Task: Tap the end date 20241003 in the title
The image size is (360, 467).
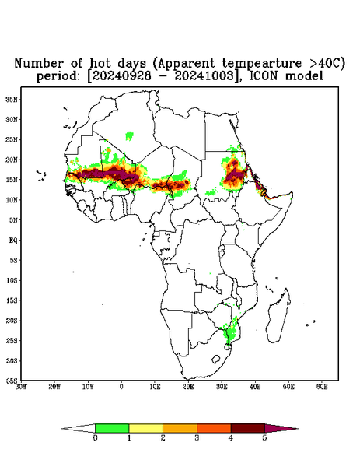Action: (x=204, y=76)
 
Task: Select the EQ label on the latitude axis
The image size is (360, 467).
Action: (x=13, y=240)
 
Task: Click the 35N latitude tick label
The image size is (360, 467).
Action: (x=12, y=99)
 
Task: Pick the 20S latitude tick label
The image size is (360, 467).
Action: (x=12, y=321)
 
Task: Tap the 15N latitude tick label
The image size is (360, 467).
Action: (x=12, y=180)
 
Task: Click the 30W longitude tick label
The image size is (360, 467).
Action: (x=21, y=387)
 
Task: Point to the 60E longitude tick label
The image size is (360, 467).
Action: (x=322, y=387)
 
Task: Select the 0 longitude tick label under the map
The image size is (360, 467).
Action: (x=121, y=387)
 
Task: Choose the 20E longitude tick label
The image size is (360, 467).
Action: (x=188, y=387)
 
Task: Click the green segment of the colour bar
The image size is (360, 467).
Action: (x=112, y=428)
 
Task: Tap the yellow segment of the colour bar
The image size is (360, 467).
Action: (x=145, y=428)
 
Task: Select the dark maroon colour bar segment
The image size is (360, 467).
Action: (x=248, y=428)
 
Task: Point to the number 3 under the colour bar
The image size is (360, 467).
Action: (x=197, y=438)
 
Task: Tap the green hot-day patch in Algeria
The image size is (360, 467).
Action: (x=129, y=135)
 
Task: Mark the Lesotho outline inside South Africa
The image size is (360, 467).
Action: (x=216, y=359)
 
